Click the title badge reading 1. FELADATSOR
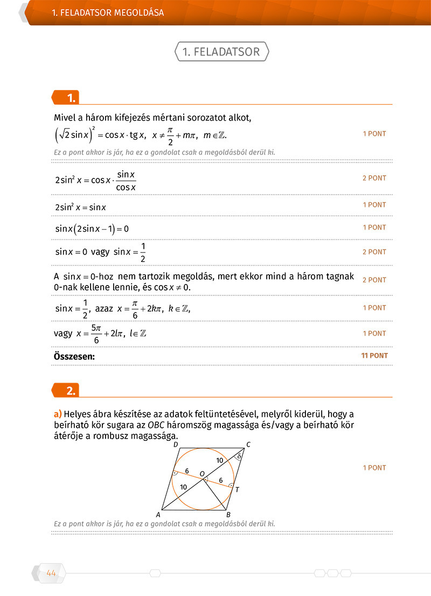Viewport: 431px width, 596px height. point(221,52)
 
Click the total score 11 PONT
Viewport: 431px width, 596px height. point(374,356)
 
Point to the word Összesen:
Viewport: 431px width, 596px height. point(74,356)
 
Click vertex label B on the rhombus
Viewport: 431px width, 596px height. point(228,514)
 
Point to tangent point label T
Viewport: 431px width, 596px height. point(237,489)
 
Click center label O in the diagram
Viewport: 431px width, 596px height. point(202,474)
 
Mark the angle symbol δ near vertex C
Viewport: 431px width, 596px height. point(239,456)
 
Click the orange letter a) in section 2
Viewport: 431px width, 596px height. point(58,414)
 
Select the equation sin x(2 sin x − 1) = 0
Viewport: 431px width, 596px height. point(92,228)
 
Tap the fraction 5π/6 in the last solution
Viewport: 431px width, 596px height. point(96,334)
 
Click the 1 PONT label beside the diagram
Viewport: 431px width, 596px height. point(374,468)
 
